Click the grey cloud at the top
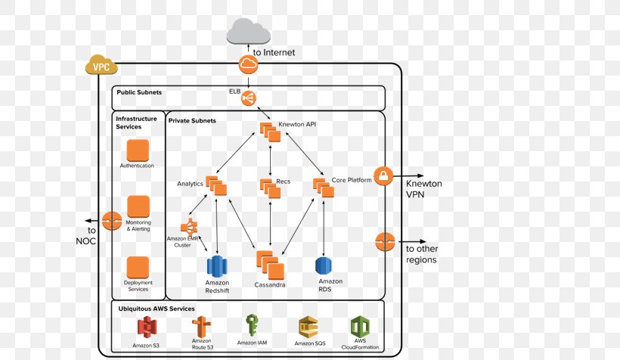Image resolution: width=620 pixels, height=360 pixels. (x=249, y=31)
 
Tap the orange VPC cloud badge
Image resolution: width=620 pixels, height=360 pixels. (x=101, y=66)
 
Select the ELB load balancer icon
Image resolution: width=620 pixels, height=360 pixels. (x=249, y=98)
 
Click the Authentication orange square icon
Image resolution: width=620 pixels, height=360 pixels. (x=138, y=150)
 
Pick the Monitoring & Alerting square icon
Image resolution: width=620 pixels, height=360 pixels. (x=138, y=206)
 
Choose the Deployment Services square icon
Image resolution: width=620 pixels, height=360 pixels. (x=138, y=267)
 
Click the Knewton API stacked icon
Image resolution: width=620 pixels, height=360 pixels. (x=270, y=131)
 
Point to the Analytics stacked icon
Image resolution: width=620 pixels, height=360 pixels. (x=216, y=185)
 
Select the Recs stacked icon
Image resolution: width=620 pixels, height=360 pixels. (x=269, y=187)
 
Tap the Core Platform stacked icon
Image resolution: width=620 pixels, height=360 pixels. (x=323, y=187)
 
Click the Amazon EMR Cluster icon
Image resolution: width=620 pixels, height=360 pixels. (x=188, y=226)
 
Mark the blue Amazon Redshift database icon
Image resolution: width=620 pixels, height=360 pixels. (x=217, y=266)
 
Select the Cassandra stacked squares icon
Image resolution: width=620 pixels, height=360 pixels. (x=270, y=265)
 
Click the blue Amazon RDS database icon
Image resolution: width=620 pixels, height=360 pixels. (x=324, y=265)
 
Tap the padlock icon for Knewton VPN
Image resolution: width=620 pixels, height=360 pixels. (x=385, y=177)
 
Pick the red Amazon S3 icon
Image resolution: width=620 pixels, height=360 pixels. (x=146, y=327)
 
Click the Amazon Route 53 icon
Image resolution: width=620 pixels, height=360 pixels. (x=200, y=327)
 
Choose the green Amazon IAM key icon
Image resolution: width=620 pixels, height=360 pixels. (x=252, y=326)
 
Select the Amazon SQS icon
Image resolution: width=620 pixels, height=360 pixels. (x=308, y=327)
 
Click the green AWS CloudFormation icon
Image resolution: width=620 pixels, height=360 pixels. (x=359, y=327)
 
